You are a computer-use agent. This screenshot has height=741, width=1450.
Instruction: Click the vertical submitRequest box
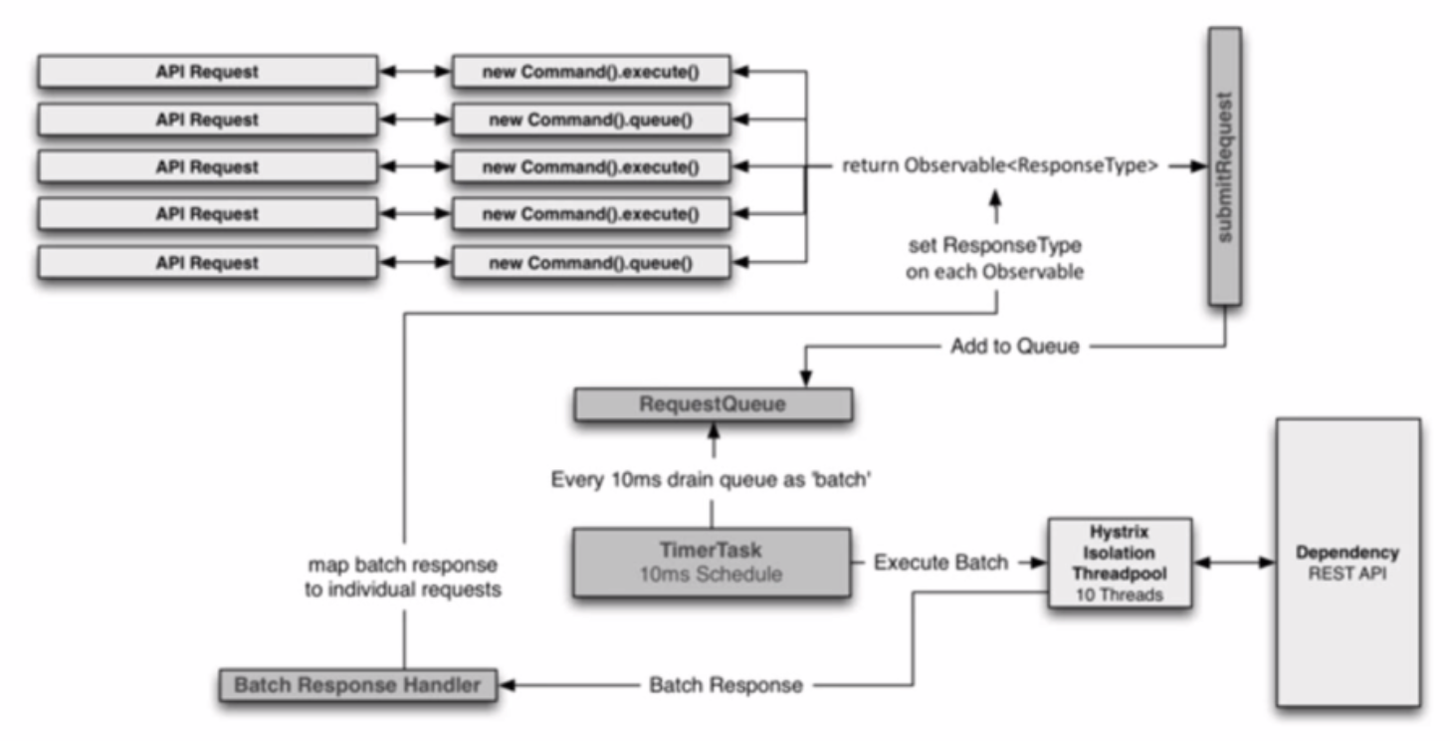point(1225,165)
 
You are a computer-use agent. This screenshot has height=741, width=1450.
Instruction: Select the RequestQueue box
point(713,404)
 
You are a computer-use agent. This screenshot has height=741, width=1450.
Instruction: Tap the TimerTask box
point(712,562)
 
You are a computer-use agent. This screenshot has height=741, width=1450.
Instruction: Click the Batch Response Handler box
point(358,685)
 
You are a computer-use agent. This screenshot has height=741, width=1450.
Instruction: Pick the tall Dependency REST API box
point(1348,563)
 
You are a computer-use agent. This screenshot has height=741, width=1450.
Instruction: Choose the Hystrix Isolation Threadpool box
point(1120,563)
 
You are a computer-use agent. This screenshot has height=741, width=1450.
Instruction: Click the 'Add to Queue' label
point(1014,347)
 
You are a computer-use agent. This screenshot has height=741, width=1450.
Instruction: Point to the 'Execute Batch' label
point(940,563)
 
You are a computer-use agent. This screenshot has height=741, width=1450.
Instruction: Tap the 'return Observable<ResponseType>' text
point(999,165)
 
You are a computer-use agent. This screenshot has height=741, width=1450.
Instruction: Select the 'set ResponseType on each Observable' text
point(995,258)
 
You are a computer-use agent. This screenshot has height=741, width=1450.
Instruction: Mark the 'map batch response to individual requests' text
point(403,577)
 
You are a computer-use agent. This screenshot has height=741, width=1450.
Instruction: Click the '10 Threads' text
point(1120,595)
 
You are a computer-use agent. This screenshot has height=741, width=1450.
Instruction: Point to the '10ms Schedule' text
point(711,574)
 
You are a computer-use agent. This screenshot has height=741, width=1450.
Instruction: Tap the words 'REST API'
point(1347,574)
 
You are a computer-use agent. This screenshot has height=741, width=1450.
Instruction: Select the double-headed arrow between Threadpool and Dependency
point(1234,563)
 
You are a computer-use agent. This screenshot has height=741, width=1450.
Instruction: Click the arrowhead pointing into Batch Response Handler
point(507,685)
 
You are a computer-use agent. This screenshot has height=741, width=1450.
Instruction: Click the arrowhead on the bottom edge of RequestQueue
point(714,429)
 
